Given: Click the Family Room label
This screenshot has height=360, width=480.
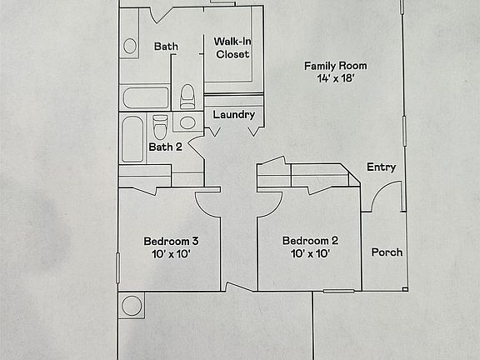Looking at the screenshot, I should (x=335, y=66).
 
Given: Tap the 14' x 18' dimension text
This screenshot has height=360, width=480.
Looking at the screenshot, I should (x=335, y=79).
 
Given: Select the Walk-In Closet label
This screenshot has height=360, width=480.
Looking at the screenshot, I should (x=232, y=47).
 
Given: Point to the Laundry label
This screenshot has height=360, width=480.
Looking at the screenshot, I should (x=233, y=114).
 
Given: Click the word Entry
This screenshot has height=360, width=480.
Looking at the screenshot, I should (x=381, y=167).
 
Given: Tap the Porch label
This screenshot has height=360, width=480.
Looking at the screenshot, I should (x=387, y=252).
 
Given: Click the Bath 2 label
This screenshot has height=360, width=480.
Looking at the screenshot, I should (x=165, y=147).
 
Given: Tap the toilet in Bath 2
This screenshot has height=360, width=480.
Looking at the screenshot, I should (x=160, y=127).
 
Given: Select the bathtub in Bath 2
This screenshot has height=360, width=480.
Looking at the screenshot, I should (x=132, y=138).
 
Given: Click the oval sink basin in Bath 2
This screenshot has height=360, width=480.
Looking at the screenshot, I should (x=188, y=123).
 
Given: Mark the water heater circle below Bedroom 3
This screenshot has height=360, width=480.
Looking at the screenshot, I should (x=132, y=305).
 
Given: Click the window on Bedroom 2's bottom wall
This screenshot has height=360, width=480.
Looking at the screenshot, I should (x=339, y=291).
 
